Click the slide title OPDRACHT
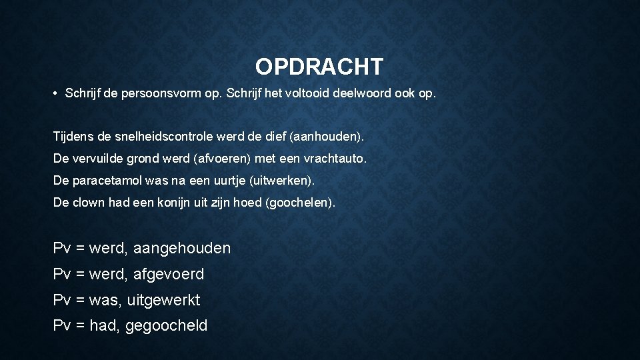(x=319, y=67)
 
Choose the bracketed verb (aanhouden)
(x=323, y=137)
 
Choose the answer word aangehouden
(x=182, y=249)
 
